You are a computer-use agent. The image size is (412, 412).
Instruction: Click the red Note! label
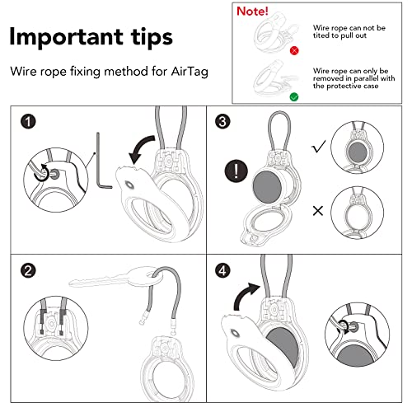pos(254,12)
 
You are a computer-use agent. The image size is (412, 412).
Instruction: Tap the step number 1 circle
pos(30,124)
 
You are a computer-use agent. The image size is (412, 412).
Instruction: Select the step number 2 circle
pos(30,269)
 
